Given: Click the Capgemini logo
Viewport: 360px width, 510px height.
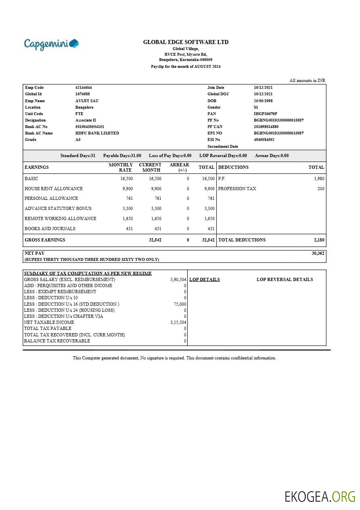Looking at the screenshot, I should point(51,44).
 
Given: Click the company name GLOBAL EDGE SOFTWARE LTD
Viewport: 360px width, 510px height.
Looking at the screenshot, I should point(186,42).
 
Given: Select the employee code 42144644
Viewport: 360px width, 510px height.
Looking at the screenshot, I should point(84,88).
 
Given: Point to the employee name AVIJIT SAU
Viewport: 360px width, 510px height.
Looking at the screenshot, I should point(87,101).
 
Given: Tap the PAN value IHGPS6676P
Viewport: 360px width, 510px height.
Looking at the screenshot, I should point(265,114).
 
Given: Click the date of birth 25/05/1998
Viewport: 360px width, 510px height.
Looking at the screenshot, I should point(263,101).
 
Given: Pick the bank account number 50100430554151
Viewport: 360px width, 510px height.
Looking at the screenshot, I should point(90,127).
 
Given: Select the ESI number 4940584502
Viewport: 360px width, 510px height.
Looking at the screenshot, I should point(264,140).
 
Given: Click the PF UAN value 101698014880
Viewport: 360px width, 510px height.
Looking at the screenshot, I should point(266,127).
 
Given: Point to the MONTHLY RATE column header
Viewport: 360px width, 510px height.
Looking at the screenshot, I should point(121,167).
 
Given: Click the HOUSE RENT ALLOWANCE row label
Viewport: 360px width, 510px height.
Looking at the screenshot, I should point(54,189).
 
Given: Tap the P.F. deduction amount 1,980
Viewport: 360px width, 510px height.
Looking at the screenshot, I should point(319,178).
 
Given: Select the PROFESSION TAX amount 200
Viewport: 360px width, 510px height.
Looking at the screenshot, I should point(320,189).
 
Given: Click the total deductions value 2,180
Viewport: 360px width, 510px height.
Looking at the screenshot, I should point(319,240).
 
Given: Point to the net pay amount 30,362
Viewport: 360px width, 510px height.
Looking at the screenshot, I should point(318,253).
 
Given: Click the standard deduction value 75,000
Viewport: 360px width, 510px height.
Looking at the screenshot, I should point(180,304).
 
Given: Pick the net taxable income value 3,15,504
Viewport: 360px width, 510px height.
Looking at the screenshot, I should point(178,322).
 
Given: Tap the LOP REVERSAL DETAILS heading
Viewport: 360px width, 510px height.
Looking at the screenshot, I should point(285,279).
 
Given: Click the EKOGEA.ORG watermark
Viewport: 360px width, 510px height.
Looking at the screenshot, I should point(320,497).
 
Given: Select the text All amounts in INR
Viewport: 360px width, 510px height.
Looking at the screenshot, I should point(307,80).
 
